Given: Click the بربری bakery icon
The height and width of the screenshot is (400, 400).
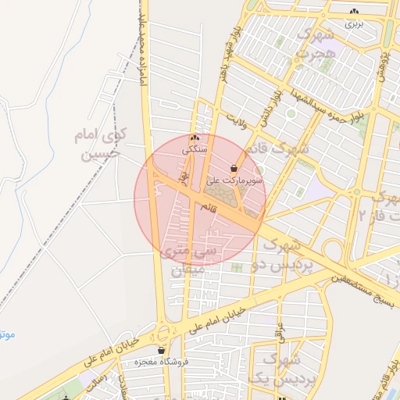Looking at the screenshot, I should pyautogui.click(x=355, y=12).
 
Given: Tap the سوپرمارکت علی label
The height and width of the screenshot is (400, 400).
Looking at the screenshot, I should pyautogui.click(x=235, y=180).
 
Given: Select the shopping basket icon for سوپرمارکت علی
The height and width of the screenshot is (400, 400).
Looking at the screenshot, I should pyautogui.click(x=234, y=168).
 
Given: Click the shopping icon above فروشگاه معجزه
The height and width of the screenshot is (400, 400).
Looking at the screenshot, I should pyautogui.click(x=162, y=351).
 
